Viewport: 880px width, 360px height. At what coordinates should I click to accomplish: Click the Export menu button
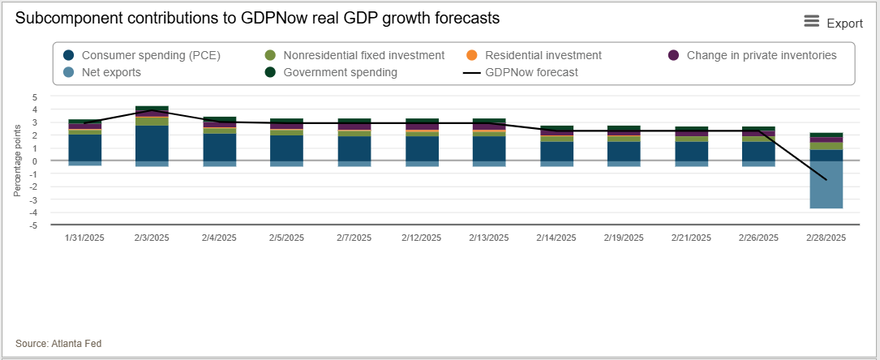[833, 23]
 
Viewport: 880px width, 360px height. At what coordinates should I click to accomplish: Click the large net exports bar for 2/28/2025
[826, 184]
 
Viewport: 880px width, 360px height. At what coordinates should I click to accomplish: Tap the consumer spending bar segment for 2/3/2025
[152, 143]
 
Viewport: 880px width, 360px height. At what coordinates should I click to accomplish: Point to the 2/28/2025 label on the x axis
[826, 238]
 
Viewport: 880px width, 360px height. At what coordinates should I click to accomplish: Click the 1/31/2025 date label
[84, 238]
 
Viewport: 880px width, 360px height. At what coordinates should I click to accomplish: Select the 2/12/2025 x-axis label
[422, 238]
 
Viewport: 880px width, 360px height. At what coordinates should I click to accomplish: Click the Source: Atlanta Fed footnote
[58, 344]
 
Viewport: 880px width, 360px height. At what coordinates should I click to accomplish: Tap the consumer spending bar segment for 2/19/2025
[624, 151]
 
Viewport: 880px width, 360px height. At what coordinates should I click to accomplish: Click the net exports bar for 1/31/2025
[84, 163]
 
